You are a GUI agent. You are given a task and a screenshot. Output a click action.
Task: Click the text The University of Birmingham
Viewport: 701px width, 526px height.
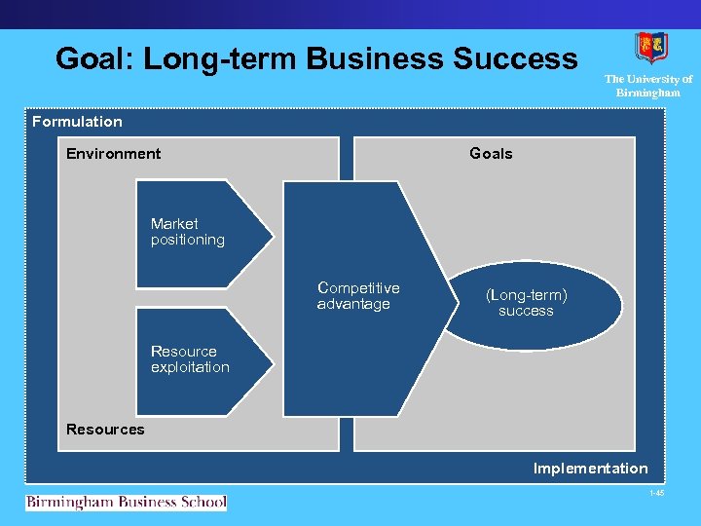[x=648, y=86]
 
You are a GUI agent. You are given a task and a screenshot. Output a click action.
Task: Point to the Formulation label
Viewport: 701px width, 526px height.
[x=77, y=122]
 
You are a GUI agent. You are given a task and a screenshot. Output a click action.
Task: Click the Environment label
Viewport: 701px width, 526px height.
[x=114, y=153]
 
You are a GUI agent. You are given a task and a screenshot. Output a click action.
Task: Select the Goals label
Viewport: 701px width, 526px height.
[x=491, y=153]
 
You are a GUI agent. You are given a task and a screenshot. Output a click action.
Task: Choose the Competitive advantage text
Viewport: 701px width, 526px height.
[x=358, y=296]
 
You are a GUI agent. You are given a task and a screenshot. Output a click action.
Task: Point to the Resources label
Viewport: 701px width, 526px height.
[x=105, y=430]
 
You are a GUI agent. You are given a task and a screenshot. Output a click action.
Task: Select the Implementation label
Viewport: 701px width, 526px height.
[x=590, y=469]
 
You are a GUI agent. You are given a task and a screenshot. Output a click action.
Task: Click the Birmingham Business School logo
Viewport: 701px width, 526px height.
[x=126, y=503]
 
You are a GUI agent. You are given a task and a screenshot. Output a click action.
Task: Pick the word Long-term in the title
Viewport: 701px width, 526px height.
[x=220, y=59]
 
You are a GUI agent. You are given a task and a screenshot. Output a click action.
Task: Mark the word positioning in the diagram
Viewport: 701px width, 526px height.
[x=188, y=240]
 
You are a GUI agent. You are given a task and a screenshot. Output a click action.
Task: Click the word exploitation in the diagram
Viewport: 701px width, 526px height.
[x=190, y=367]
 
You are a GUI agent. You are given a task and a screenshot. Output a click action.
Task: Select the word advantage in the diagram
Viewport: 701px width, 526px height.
[x=353, y=304]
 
